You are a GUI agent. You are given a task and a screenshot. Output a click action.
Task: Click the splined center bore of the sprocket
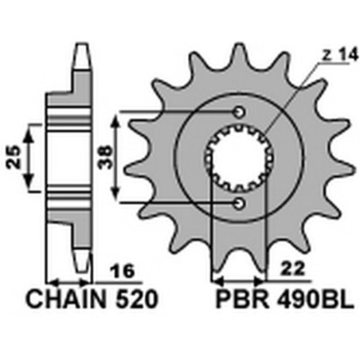point(238,158)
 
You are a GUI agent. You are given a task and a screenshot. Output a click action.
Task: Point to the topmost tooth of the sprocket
point(238,54)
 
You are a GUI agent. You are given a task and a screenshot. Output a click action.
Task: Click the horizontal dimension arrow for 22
point(237,280)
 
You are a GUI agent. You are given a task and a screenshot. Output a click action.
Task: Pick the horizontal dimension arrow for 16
point(69,281)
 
